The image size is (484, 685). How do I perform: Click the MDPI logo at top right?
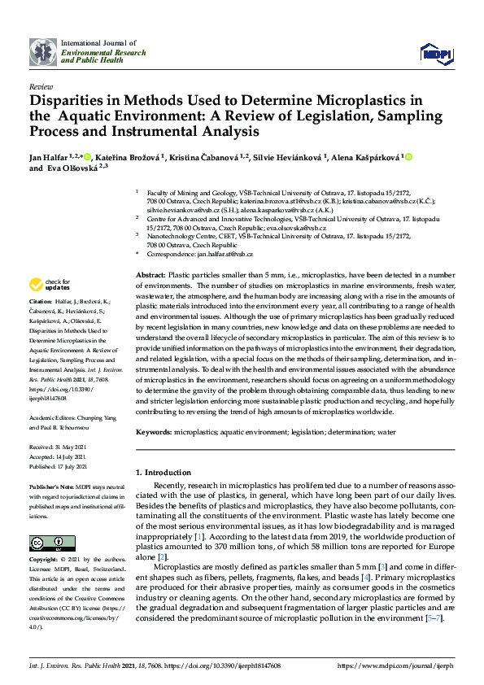tap(434, 54)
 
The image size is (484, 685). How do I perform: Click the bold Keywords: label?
tap(154, 433)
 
